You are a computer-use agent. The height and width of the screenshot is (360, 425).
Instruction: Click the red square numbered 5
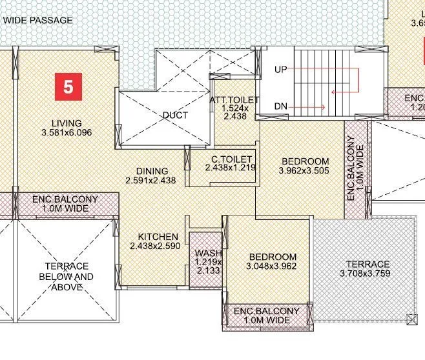[68, 86]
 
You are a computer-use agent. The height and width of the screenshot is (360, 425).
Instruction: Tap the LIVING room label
[67, 123]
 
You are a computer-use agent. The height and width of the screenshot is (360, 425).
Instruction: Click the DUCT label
[175, 115]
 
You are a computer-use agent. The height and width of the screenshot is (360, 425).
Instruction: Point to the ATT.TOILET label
[234, 100]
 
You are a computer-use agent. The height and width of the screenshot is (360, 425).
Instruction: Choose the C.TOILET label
[231, 159]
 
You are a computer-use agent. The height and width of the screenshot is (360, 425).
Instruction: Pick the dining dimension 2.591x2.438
[150, 181]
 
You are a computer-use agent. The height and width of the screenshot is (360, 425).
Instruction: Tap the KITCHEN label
[158, 237]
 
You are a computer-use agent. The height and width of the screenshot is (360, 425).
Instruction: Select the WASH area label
[208, 253]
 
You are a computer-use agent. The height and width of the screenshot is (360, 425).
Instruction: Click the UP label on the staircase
[280, 69]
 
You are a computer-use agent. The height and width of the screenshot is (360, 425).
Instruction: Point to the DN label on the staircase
[280, 106]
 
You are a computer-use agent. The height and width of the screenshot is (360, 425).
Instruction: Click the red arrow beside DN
[312, 106]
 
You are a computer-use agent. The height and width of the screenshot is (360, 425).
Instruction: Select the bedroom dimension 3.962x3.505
[304, 171]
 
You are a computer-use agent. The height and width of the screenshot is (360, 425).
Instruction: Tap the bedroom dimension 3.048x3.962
[273, 266]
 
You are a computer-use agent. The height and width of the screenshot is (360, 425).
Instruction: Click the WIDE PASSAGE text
[38, 20]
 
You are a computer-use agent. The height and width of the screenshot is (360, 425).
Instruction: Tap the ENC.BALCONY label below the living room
[65, 204]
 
